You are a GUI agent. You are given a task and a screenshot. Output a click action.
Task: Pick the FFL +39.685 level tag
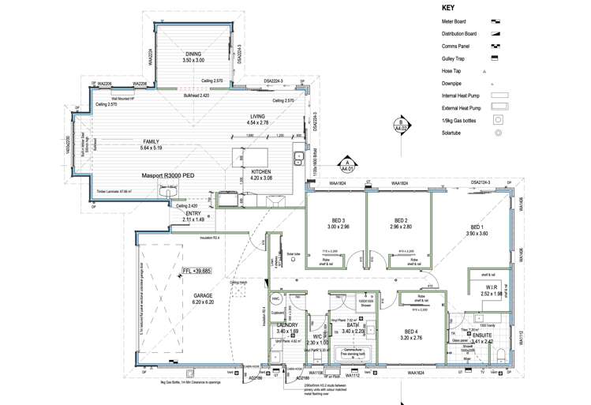click(x=196, y=271)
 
